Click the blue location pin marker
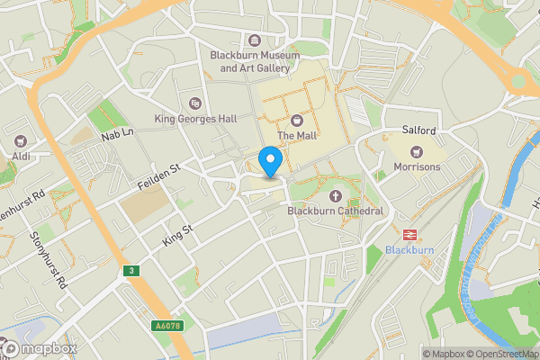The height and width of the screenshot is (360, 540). point(270,162)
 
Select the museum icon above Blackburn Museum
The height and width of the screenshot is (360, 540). point(256,40)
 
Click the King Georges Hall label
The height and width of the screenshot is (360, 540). point(196,118)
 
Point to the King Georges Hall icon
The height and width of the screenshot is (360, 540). point(196,102)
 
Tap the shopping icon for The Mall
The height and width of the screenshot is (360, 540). point(297,120)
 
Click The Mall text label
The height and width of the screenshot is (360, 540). point(297,136)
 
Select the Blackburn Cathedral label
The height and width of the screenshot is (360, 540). point(335,211)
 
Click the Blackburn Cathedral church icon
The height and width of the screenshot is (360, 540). point(337,195)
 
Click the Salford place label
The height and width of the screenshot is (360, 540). point(418,130)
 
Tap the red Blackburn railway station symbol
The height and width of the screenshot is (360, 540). point(409,233)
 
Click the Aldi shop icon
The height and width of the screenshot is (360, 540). point(20,141)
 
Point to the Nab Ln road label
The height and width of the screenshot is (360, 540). point(117,135)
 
